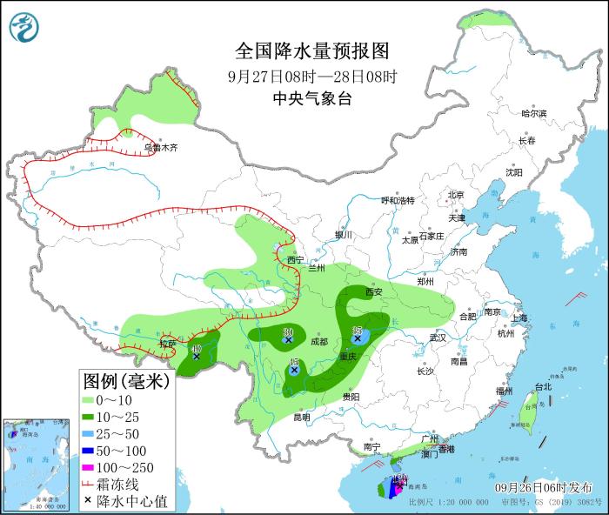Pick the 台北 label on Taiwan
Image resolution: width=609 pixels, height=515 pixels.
[542, 387]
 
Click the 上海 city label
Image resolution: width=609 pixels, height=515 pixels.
[522, 318]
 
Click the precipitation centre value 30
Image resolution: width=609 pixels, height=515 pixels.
[288, 331]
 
